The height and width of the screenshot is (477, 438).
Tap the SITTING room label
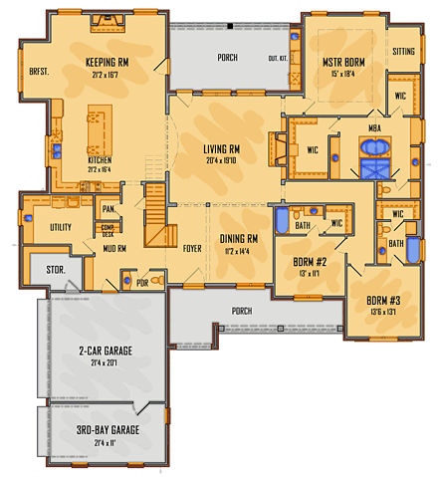pyautogui.click(x=404, y=50)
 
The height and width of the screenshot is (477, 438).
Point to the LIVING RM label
pyautogui.click(x=222, y=149)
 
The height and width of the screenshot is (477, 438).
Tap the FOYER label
pyautogui.click(x=192, y=249)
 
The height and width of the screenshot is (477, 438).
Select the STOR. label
pyautogui.click(x=42, y=269)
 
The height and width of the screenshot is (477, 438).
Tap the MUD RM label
pyautogui.click(x=113, y=249)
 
